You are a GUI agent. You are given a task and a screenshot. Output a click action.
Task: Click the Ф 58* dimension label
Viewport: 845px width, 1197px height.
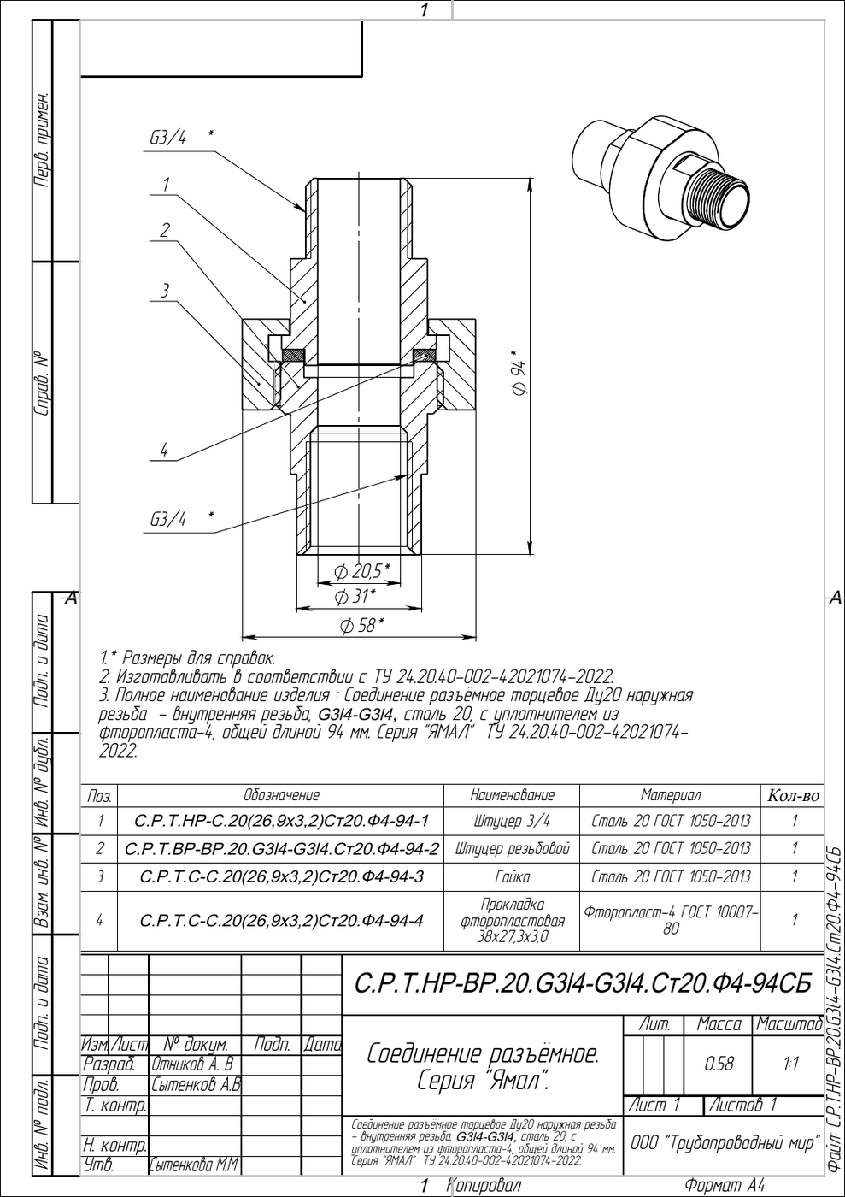coord(362,625)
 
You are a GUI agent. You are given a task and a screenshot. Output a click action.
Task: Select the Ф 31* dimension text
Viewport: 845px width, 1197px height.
coord(355,596)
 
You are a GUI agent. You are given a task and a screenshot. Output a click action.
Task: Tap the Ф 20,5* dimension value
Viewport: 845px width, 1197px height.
coord(362,572)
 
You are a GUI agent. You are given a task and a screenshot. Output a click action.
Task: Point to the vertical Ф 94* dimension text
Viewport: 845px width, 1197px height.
coord(519,373)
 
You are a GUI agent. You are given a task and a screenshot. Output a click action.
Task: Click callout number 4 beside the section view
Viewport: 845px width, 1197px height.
coord(165,450)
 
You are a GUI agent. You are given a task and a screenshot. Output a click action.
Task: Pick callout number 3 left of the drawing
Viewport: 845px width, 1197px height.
coord(165,291)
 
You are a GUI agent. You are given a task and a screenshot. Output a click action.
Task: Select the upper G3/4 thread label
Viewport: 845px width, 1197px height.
coord(167,139)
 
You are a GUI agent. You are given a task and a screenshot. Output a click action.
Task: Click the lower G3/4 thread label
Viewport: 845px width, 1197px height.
coord(168,518)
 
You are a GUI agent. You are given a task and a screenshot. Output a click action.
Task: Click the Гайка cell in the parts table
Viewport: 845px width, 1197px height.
coord(512,876)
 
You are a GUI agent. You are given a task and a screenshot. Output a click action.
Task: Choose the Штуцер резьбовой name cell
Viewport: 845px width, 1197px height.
coord(513,848)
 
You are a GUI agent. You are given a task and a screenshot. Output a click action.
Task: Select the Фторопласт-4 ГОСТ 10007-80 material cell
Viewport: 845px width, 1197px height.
coord(671,919)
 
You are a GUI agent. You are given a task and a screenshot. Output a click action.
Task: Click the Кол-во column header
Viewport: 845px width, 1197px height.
coord(793,796)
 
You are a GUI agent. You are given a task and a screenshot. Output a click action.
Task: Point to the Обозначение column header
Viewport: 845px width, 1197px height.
coord(281,795)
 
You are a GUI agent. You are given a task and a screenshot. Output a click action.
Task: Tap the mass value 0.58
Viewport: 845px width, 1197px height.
coord(719,1064)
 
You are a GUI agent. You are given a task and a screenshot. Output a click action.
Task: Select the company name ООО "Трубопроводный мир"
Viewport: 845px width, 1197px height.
coord(725,1142)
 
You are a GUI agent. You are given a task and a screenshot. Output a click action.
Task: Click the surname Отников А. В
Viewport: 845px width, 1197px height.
coord(193,1064)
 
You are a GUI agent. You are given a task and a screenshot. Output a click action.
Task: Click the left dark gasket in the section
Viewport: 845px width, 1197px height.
coord(293,355)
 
